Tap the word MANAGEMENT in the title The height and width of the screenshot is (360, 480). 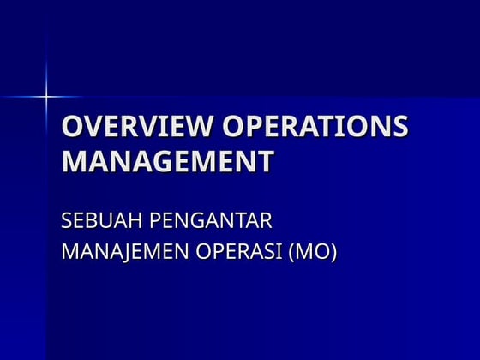168,161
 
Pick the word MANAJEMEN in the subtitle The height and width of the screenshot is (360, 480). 122,253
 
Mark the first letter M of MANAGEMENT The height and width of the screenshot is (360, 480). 74,161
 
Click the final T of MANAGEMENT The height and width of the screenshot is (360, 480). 267,161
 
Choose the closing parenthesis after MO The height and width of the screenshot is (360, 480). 333,253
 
